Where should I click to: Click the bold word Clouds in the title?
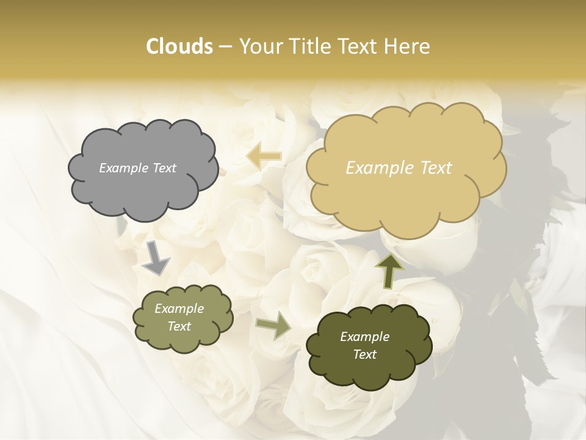(179, 46)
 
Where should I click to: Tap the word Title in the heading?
(311, 46)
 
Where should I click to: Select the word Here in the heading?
(408, 46)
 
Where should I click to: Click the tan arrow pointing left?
(263, 156)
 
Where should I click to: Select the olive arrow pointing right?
(273, 325)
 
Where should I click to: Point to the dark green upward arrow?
(389, 269)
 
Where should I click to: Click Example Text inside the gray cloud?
(137, 168)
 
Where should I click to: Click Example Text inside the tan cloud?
(399, 168)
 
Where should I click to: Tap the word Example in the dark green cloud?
(364, 337)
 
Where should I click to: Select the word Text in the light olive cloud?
(179, 326)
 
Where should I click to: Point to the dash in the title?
(225, 47)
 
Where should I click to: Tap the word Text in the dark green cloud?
(364, 354)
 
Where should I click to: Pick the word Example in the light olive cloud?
(179, 309)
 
